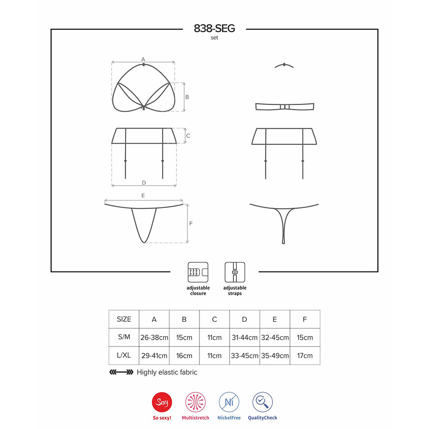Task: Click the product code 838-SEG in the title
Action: click(x=214, y=28)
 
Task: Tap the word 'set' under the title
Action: click(x=214, y=38)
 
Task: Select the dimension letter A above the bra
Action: click(x=143, y=59)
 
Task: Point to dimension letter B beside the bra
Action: click(x=187, y=97)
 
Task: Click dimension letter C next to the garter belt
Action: click(x=188, y=136)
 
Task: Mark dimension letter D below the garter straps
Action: click(x=144, y=182)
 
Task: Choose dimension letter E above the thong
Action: click(x=143, y=195)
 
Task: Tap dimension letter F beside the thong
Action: click(x=191, y=223)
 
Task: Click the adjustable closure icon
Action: click(x=198, y=272)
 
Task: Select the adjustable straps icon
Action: click(x=235, y=272)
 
